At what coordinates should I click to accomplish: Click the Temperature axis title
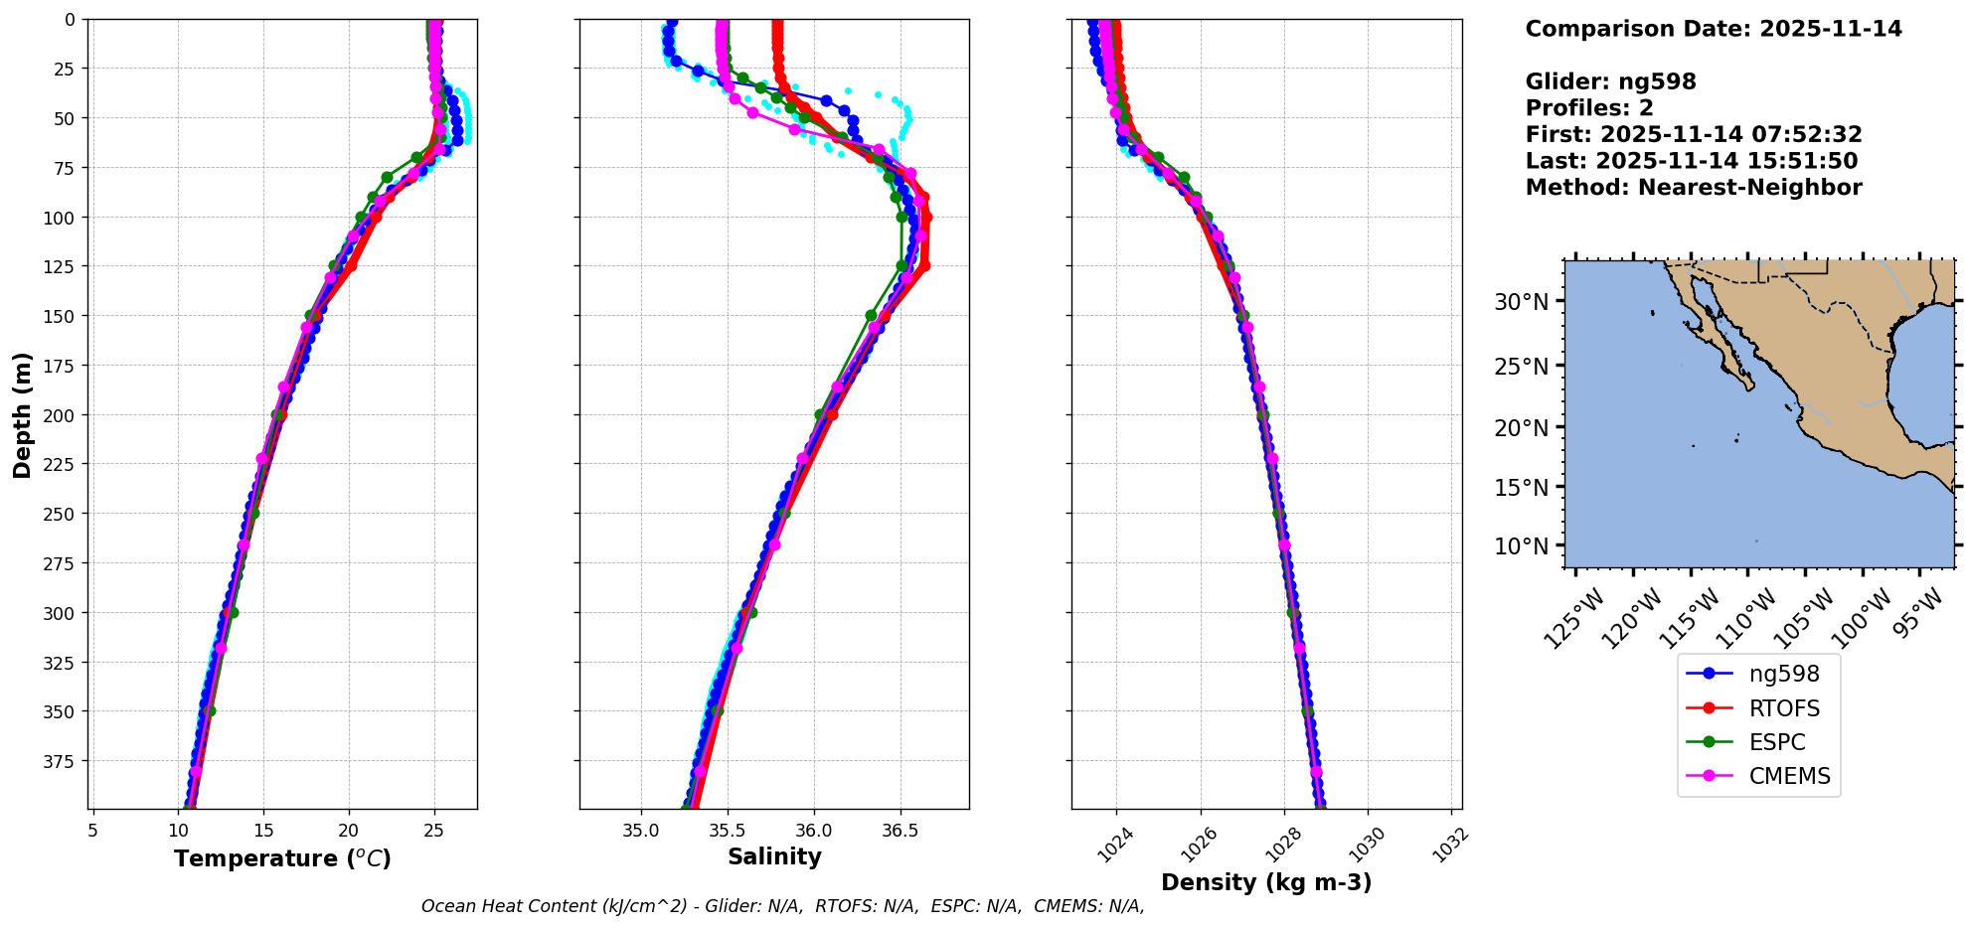(282, 858)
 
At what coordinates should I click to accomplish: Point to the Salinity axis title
(774, 856)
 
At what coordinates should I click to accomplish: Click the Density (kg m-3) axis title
(1266, 882)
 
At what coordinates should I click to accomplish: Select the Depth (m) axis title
(22, 414)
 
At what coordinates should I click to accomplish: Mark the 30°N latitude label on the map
(1521, 302)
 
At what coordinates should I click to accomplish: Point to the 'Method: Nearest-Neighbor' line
(1694, 188)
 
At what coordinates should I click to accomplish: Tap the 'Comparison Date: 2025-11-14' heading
(1714, 29)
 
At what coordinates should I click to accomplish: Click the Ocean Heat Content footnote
(782, 906)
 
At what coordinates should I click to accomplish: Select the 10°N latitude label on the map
(1521, 546)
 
